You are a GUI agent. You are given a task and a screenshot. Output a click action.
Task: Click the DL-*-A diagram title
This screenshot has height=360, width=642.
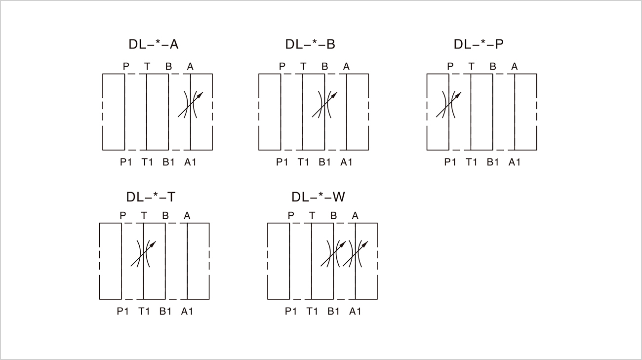click(153, 44)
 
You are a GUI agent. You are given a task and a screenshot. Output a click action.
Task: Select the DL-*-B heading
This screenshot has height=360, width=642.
click(310, 44)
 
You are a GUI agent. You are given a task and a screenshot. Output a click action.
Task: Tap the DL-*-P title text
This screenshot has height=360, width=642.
click(479, 44)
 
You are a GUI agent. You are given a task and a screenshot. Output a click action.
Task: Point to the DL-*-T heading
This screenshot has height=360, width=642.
click(151, 197)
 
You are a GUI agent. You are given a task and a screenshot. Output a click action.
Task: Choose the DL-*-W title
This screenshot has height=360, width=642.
click(318, 197)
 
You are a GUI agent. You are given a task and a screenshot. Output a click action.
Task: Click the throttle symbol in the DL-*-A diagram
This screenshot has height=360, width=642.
click(190, 105)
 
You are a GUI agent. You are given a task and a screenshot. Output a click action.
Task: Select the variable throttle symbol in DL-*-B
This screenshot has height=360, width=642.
click(325, 105)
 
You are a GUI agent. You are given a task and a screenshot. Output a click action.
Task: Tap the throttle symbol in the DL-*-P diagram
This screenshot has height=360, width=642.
click(449, 105)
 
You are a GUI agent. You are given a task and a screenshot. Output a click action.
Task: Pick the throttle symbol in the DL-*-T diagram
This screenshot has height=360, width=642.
click(143, 254)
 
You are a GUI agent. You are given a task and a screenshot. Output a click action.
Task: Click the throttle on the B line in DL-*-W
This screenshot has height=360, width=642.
click(333, 254)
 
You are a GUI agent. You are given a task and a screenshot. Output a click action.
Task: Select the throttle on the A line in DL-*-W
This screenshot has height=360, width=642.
click(356, 254)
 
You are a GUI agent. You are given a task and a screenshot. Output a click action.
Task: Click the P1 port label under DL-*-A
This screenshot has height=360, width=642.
click(126, 162)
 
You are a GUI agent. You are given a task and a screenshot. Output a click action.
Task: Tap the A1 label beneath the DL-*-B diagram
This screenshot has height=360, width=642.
click(346, 162)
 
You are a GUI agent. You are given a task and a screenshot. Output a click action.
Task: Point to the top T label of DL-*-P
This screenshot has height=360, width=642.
click(472, 67)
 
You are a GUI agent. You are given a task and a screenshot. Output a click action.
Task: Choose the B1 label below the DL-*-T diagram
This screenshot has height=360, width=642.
click(165, 311)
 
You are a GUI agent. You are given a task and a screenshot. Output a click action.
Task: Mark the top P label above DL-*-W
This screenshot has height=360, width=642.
click(291, 215)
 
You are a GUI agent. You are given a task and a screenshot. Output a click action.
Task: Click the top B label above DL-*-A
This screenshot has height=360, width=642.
click(168, 67)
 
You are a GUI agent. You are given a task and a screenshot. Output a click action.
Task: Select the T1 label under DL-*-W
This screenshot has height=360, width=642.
click(312, 311)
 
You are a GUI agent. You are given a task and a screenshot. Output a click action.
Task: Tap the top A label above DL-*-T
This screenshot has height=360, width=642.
click(187, 215)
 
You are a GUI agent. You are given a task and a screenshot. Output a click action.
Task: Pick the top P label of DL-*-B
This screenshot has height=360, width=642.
click(282, 67)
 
